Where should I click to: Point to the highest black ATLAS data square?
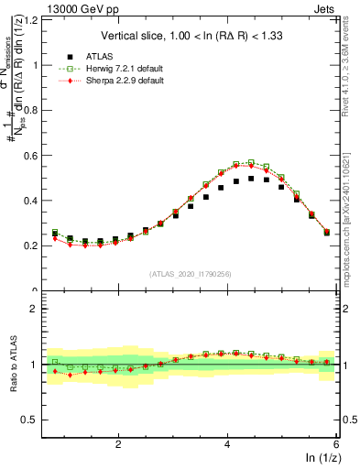(251, 179)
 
